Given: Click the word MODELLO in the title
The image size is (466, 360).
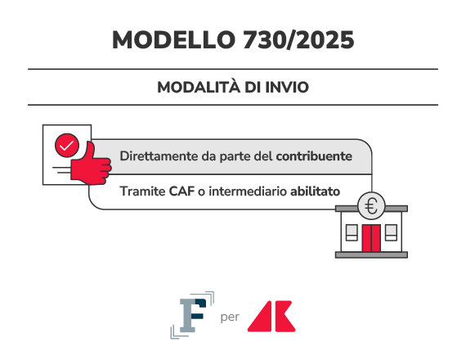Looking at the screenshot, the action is coord(173,40).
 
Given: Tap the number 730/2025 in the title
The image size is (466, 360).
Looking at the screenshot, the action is coord(298,40).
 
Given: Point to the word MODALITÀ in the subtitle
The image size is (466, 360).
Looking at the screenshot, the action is coord(199,87).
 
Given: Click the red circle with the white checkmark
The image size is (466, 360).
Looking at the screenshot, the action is coord(67,146).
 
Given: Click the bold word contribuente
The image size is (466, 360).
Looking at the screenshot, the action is coord(314,156).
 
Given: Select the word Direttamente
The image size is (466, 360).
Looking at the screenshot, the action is coord(159,156).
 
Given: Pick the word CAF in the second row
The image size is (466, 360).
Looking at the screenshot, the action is coord(181,191).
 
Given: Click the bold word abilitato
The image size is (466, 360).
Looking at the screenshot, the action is coord(315,191).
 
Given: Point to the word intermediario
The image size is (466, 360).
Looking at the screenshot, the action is coord(248,191).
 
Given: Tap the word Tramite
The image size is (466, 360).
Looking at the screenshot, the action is coord(142,191).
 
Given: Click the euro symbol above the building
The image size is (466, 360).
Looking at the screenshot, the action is coord(371,206).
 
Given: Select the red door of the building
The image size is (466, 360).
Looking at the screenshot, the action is coord(371,238).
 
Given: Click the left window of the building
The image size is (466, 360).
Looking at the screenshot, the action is coord(352,232).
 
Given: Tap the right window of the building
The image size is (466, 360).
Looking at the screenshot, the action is coord(391,232).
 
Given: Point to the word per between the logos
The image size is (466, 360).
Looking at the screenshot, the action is coord(230,317).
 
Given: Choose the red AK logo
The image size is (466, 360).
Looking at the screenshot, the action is coord(271,317).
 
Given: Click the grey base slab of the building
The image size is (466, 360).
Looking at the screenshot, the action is coord(371,255).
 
